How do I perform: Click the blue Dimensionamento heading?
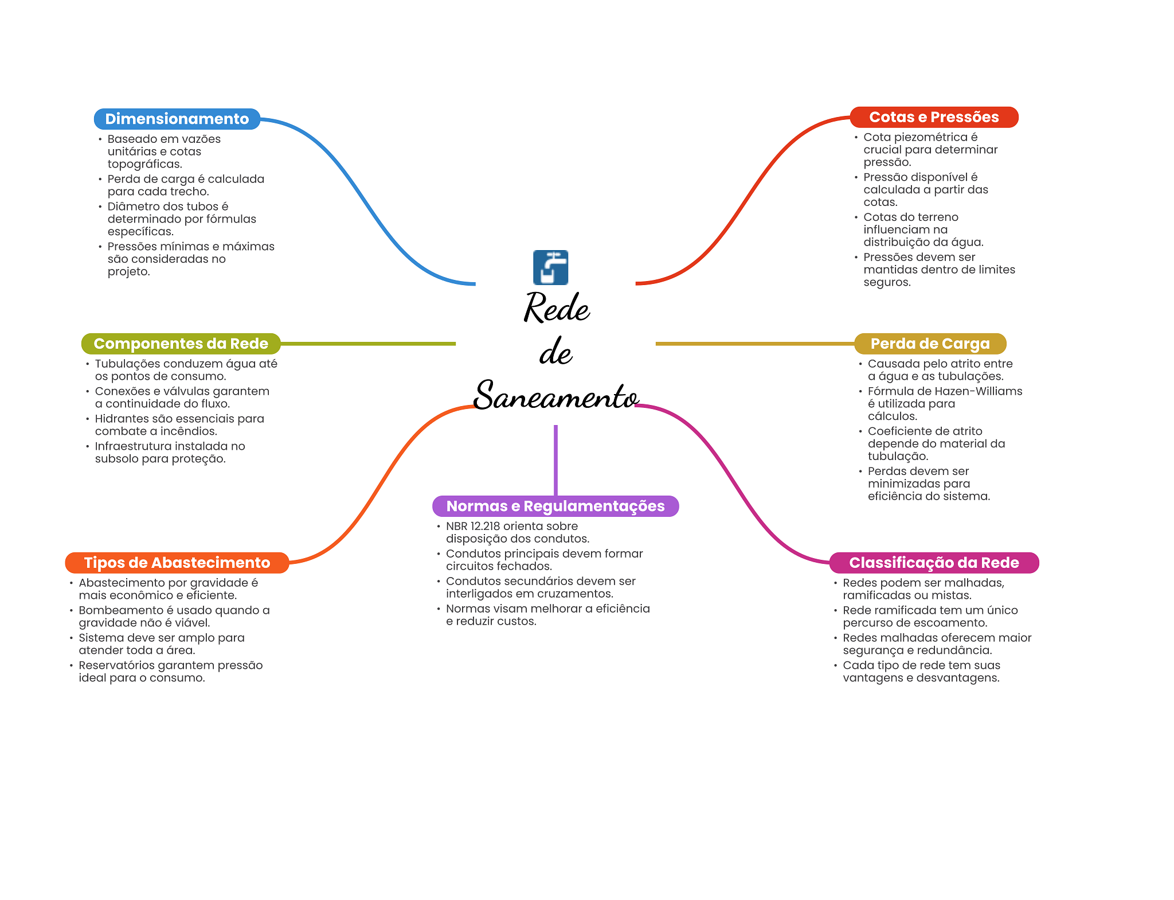tap(177, 119)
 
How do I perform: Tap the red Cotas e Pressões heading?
tap(933, 117)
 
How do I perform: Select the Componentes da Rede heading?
tap(181, 344)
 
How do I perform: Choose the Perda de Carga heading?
tap(930, 344)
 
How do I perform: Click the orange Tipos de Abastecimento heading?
tap(177, 563)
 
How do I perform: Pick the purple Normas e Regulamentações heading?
tap(555, 506)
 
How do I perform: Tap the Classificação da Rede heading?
tap(933, 563)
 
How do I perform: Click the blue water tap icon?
tap(550, 267)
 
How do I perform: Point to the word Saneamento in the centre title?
tap(555, 396)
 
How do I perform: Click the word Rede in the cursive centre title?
tap(556, 308)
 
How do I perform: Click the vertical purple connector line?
tap(555, 459)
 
